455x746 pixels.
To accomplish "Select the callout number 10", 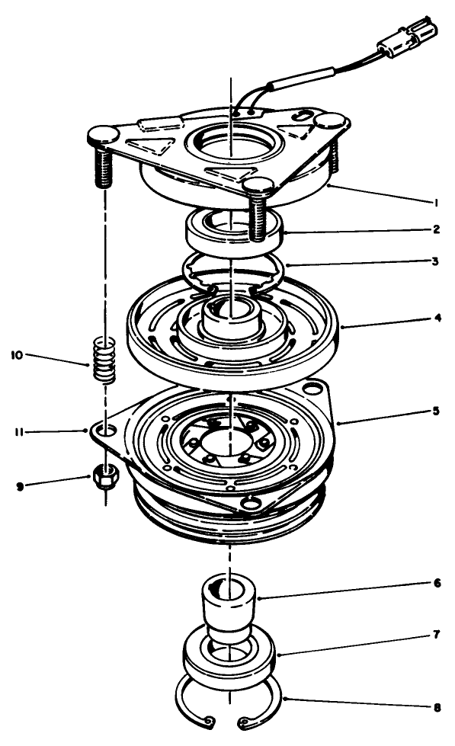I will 17,355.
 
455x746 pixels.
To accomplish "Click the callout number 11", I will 17,432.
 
